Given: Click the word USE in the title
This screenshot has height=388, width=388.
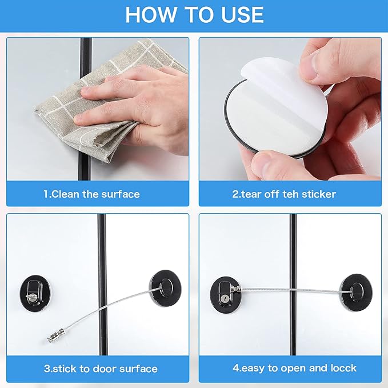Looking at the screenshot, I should (235, 15).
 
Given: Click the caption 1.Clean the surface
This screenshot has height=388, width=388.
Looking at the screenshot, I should (91, 194).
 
